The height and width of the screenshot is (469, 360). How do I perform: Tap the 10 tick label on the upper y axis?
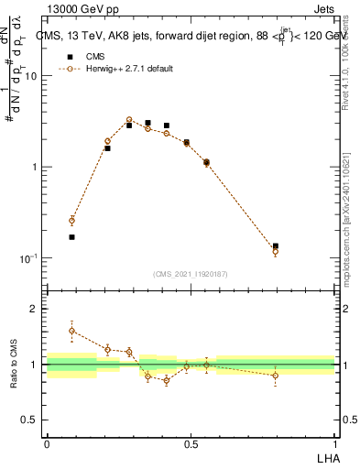[31, 76]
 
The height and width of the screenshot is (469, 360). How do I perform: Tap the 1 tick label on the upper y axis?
[34, 167]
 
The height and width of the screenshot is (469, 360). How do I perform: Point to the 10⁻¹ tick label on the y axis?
[29, 258]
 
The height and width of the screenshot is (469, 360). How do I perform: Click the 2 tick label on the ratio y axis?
[34, 310]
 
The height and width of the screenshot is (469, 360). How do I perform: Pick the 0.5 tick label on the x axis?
[191, 444]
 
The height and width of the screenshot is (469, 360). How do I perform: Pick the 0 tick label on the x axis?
[47, 444]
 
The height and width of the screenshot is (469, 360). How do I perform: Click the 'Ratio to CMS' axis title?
[14, 364]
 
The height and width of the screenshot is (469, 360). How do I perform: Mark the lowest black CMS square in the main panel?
[72, 236]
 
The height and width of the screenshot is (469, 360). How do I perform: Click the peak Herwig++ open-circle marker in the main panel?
[129, 119]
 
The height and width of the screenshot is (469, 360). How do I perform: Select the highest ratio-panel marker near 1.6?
[72, 331]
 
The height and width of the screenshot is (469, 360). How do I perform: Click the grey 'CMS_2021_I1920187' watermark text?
[191, 273]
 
